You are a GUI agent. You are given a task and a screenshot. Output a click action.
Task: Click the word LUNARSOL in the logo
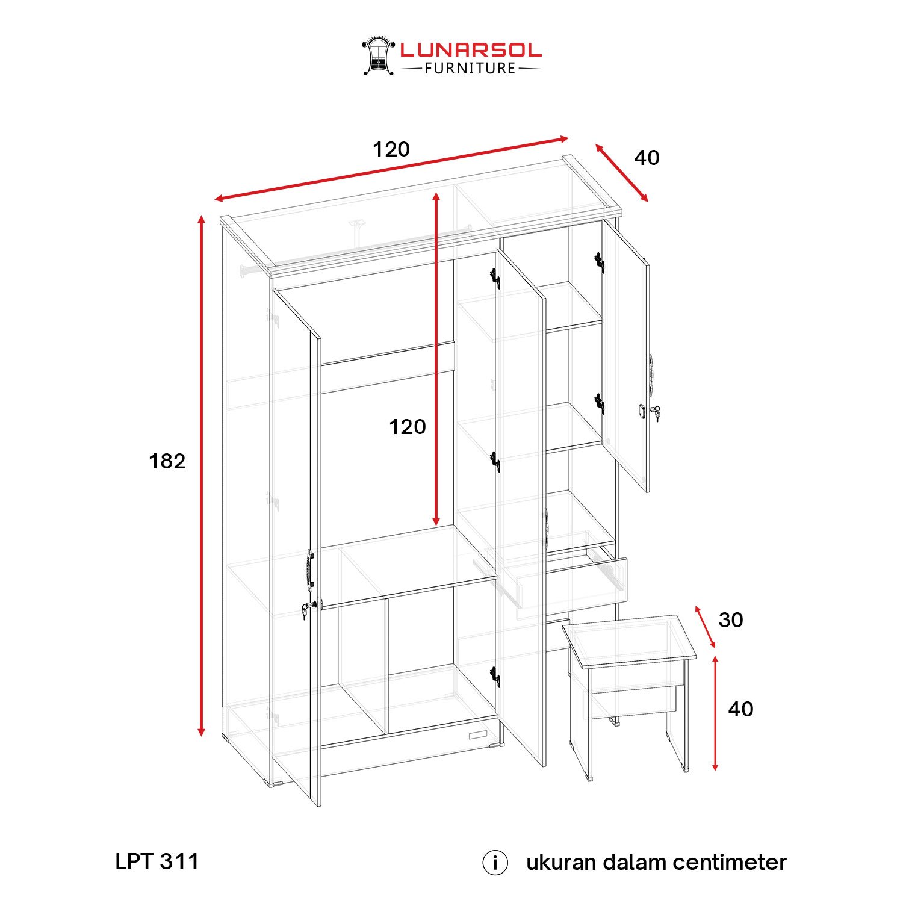(x=471, y=50)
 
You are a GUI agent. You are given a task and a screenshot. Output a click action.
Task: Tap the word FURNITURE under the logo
(x=471, y=69)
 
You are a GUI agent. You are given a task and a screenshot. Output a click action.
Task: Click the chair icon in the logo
(x=378, y=55)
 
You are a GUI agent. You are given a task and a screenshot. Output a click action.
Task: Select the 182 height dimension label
(x=167, y=461)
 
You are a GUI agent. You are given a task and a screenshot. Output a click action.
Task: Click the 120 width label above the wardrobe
(x=391, y=149)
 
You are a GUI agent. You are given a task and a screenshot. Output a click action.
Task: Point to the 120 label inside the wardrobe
(x=408, y=427)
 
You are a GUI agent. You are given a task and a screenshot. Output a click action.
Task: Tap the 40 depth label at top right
(x=647, y=158)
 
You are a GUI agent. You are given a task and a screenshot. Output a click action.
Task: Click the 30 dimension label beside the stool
(x=731, y=620)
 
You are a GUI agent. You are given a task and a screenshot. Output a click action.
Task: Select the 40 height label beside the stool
(x=740, y=709)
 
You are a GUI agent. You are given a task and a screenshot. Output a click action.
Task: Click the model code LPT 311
(x=157, y=861)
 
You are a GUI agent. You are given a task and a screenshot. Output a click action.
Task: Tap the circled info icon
(x=495, y=863)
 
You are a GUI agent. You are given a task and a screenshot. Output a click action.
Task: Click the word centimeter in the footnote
(x=730, y=863)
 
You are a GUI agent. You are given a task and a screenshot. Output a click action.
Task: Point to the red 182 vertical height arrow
(x=202, y=476)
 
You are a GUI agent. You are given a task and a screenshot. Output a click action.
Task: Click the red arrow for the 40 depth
(x=622, y=173)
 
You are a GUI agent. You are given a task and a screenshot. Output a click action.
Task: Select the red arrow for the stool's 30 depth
(x=706, y=627)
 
